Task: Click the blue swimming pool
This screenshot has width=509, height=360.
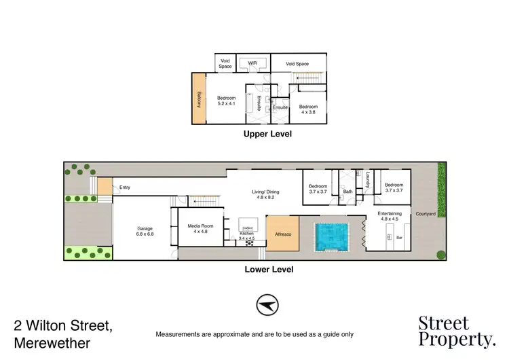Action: (x=331, y=236)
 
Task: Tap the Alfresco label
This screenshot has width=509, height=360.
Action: (x=282, y=234)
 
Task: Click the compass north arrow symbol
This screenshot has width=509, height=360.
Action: (x=267, y=306)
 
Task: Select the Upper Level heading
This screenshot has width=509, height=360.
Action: (x=267, y=134)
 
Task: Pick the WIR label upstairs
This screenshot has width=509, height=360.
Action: (x=252, y=63)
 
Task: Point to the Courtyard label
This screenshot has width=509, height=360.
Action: (x=426, y=214)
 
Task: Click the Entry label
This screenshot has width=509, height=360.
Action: (x=125, y=187)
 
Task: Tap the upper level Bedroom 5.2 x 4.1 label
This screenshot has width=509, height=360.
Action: (x=226, y=101)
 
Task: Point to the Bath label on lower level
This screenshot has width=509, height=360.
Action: (x=348, y=192)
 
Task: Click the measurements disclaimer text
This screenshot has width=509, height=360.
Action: (x=254, y=334)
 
